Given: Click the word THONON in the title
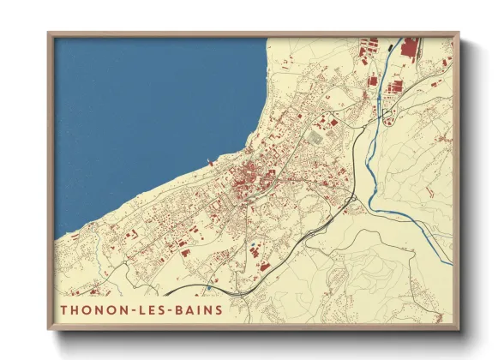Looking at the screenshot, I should (93, 309).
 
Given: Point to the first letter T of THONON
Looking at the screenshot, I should (65, 309).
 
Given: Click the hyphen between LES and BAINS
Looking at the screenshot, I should (171, 309).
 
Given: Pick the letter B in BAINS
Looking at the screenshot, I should (180, 309).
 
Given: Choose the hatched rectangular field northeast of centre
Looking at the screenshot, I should (316, 135).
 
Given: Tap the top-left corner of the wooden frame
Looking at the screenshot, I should (50, 35).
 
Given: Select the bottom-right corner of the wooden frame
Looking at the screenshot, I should (457, 328).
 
